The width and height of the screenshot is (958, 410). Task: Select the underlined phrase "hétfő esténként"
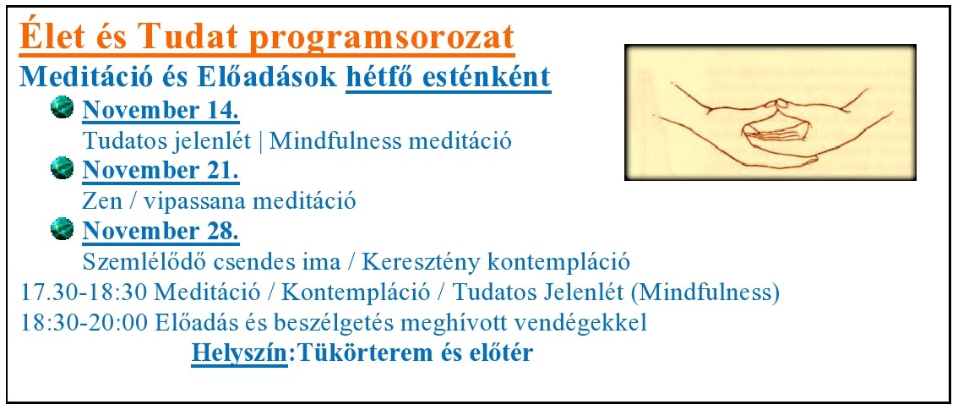tap(449, 78)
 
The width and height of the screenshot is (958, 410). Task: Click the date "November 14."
tap(161, 111)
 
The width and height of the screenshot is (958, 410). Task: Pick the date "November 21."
tap(161, 171)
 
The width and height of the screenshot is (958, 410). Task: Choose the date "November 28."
tap(161, 231)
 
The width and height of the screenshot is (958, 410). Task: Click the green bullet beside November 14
tap(63, 108)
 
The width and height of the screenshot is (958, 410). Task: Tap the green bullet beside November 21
tap(63, 168)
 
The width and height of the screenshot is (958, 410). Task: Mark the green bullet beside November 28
tap(63, 228)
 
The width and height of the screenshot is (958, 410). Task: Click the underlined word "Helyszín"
tap(239, 353)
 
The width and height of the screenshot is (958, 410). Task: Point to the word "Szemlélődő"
tap(144, 262)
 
